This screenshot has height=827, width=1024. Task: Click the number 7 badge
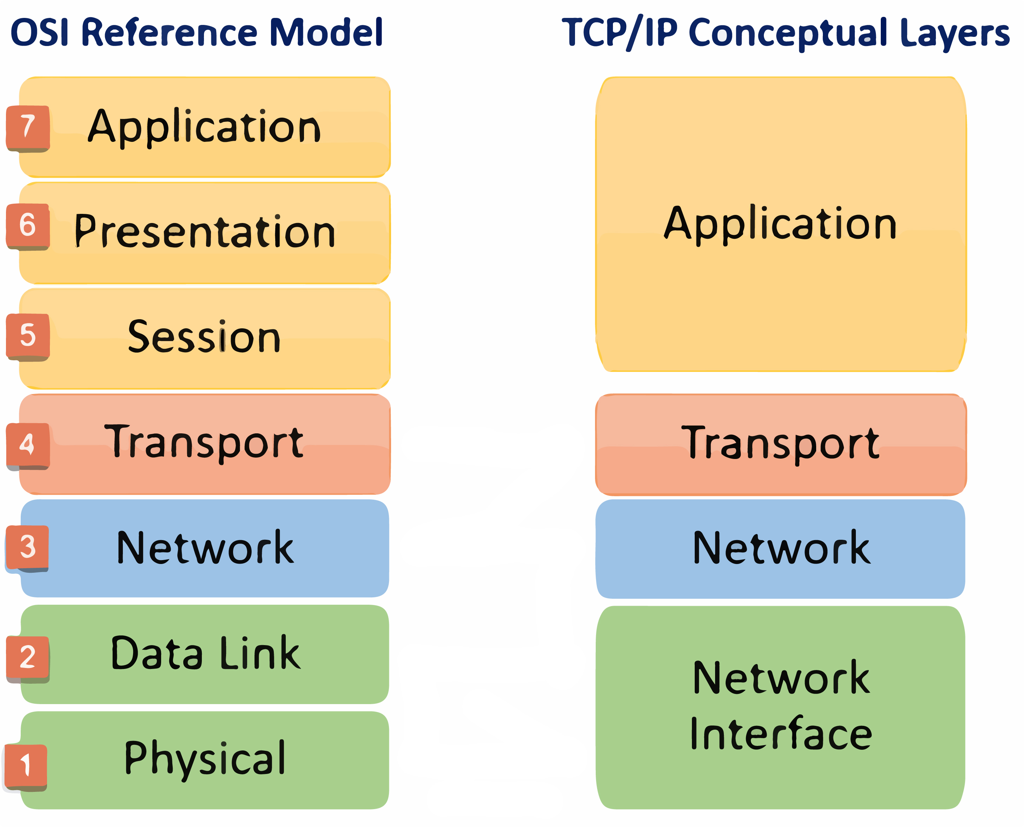pyautogui.click(x=28, y=128)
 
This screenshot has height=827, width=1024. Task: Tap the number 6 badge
pyautogui.click(x=28, y=226)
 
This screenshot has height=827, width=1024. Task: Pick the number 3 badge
pyautogui.click(x=27, y=548)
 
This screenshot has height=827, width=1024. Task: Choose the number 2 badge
pyautogui.click(x=28, y=659)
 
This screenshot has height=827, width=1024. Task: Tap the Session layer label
pyautogui.click(x=204, y=336)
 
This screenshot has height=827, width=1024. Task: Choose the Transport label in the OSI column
pyautogui.click(x=204, y=443)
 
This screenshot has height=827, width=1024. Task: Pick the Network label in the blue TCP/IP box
pyautogui.click(x=781, y=548)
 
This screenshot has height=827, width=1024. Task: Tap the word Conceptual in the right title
pyautogui.click(x=788, y=34)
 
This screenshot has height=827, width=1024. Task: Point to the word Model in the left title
pyautogui.click(x=326, y=32)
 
